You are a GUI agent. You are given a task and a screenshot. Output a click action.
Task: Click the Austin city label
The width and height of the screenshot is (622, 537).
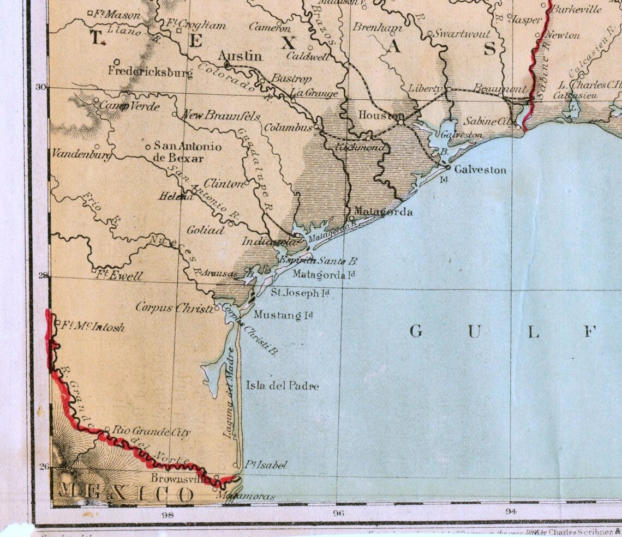[x=240, y=56]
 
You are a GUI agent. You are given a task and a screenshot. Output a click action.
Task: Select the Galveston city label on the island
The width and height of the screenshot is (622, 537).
[x=480, y=170]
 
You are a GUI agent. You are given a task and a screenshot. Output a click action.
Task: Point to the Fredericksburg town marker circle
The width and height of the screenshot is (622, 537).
[x=117, y=62]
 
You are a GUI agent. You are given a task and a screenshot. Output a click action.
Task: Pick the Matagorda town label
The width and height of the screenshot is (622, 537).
[x=383, y=212]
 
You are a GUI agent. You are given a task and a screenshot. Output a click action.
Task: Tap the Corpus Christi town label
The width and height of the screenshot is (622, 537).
[x=174, y=307]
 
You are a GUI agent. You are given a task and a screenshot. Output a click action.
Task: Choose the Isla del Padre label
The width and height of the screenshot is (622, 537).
[x=282, y=386]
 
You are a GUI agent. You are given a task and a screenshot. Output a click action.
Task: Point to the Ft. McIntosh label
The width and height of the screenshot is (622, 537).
[x=92, y=327]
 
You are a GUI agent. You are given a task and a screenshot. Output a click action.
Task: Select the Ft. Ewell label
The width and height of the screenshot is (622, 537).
[x=119, y=276]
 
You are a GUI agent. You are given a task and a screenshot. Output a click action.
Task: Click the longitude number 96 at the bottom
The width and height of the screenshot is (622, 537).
[x=338, y=513]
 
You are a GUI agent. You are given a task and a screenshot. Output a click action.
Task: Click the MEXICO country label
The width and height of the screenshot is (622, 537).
[x=125, y=494]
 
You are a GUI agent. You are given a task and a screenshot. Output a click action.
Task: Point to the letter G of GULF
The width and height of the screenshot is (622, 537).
[x=416, y=331]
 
